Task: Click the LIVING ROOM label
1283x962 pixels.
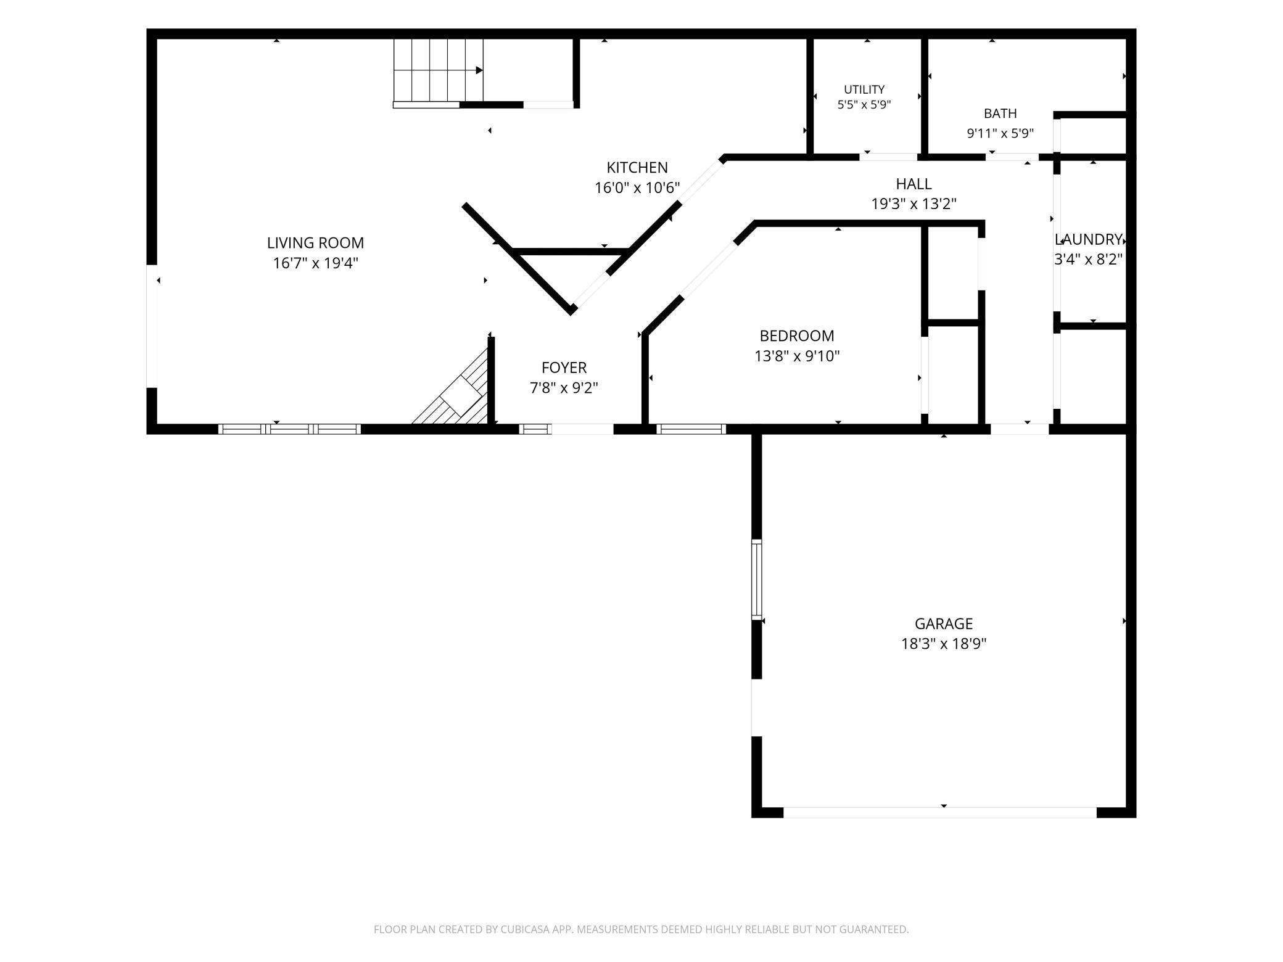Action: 315,243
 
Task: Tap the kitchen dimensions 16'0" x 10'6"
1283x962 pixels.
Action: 637,188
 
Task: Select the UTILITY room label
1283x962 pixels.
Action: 864,89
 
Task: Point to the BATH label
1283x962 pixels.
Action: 1000,113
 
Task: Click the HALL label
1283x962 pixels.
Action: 914,184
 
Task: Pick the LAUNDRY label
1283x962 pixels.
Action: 1088,239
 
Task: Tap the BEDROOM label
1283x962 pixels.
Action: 797,336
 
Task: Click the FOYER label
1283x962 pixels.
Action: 564,368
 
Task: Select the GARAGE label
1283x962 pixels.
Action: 944,623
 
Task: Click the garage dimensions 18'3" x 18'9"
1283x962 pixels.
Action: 944,644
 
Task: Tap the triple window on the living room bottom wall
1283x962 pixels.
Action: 289,429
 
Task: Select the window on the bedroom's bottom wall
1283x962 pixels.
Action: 691,429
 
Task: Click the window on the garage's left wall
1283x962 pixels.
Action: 756,579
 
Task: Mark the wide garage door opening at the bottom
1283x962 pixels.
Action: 940,812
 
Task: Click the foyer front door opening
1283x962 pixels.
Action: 582,429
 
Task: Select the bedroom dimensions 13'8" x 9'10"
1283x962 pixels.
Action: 797,356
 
